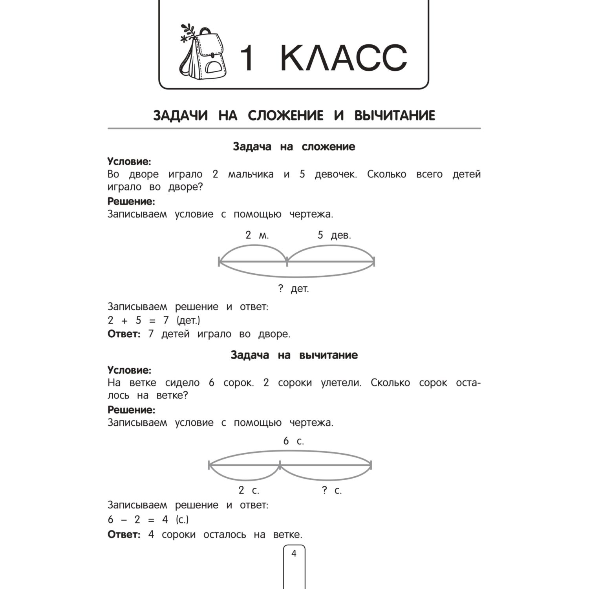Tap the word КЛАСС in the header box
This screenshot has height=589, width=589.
click(x=344, y=58)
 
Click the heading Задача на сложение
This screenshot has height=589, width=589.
click(x=294, y=146)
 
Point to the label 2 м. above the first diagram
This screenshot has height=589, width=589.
click(x=257, y=235)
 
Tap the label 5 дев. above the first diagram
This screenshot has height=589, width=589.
click(x=334, y=235)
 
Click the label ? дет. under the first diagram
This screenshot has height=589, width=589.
click(x=293, y=289)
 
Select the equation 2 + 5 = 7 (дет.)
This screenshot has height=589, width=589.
click(x=154, y=320)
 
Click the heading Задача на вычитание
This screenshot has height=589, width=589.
click(x=294, y=355)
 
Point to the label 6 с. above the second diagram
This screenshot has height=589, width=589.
click(x=294, y=441)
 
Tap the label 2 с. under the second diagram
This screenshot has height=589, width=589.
click(x=249, y=490)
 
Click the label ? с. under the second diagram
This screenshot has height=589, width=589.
click(x=332, y=490)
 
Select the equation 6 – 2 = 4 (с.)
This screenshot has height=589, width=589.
click(x=148, y=519)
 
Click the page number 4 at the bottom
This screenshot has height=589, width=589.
click(x=294, y=554)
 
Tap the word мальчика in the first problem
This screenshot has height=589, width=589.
click(x=251, y=174)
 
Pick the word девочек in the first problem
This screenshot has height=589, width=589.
click(x=336, y=174)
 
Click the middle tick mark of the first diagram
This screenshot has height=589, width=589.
click(x=287, y=261)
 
